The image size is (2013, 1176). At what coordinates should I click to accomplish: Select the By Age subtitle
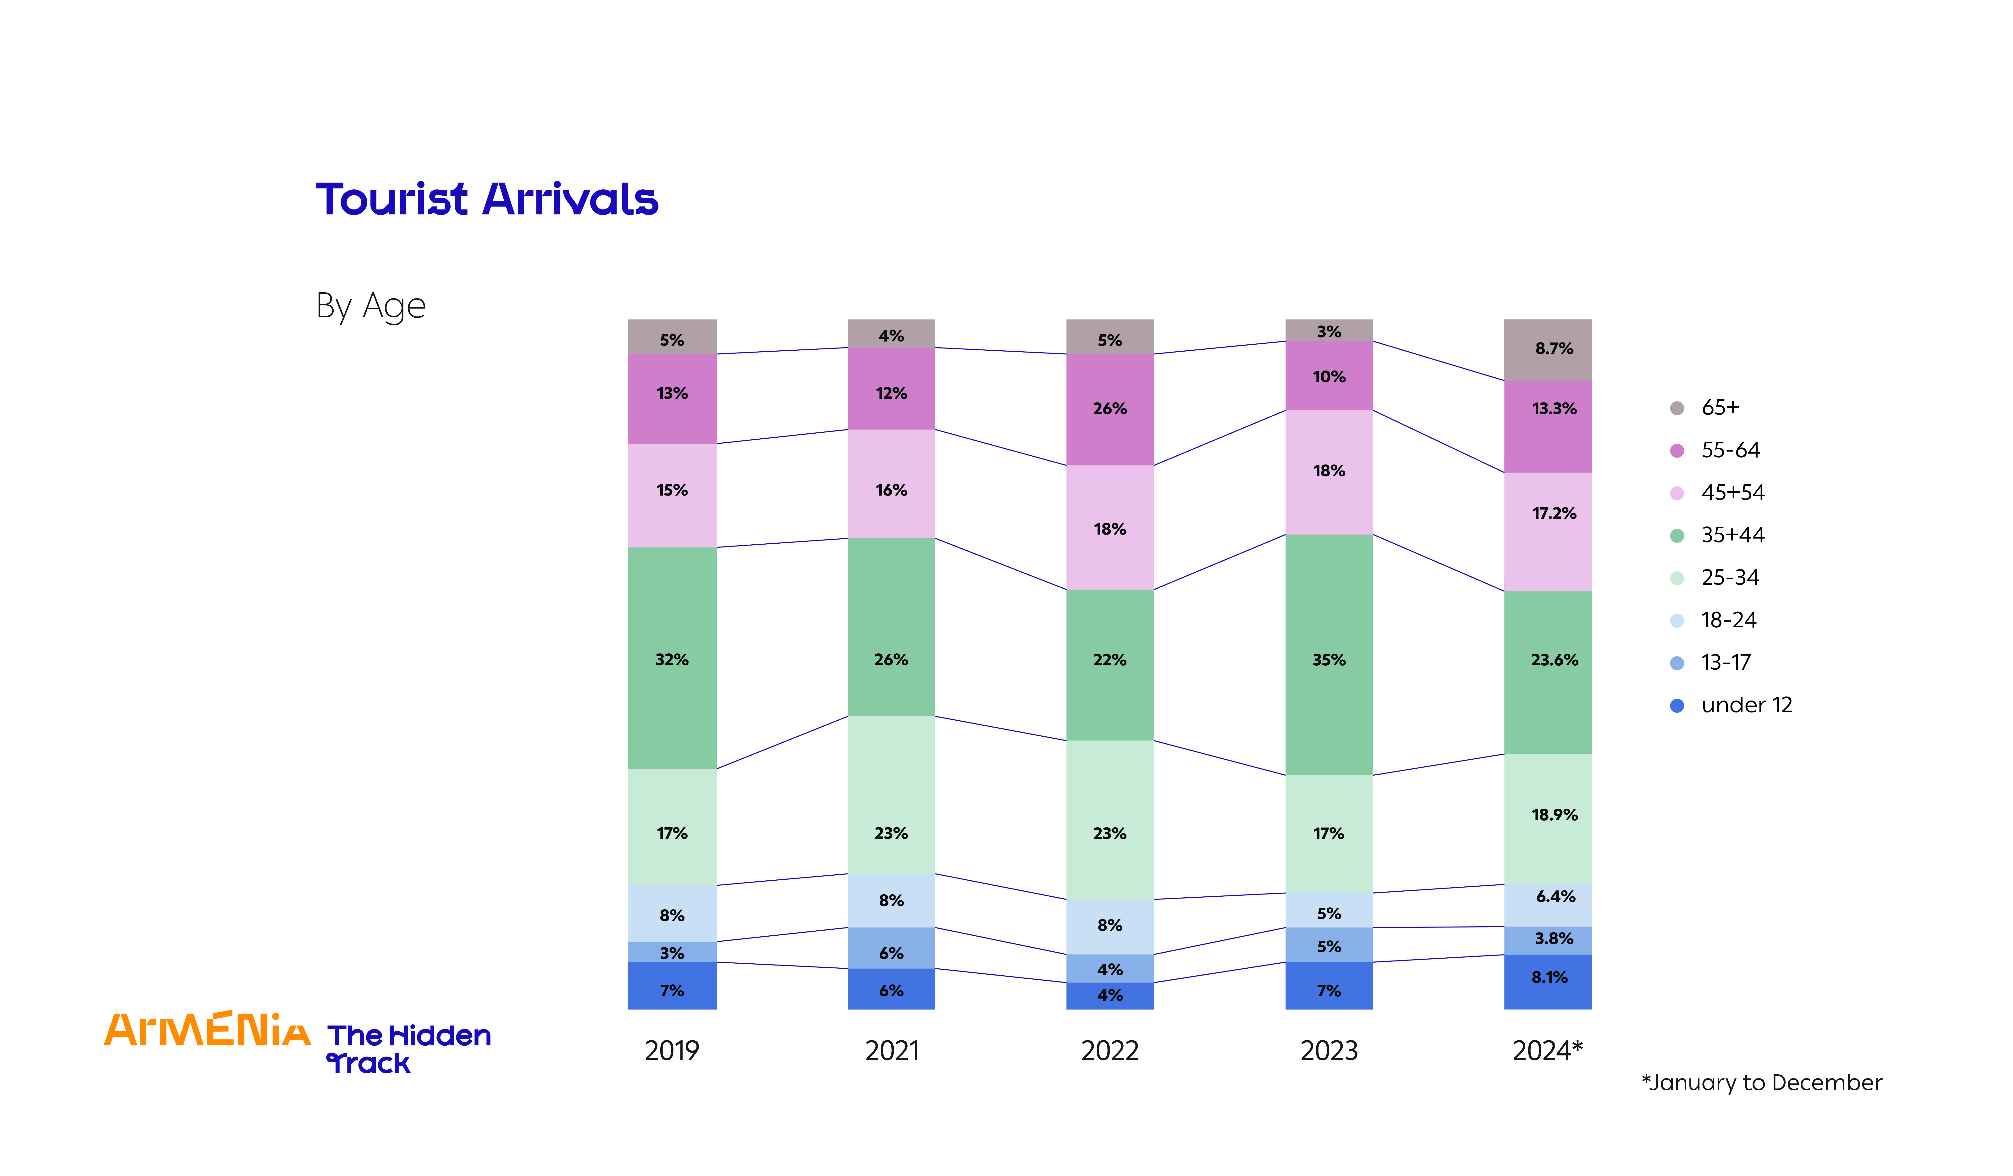(x=371, y=306)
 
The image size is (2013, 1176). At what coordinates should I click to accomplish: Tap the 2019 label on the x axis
(x=672, y=1051)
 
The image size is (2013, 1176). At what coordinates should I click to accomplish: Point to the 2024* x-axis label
(x=1547, y=1051)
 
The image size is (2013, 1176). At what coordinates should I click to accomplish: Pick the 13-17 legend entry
(x=1726, y=662)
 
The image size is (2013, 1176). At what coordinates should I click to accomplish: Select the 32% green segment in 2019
(x=672, y=659)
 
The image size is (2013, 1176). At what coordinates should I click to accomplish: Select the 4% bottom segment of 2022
(x=1109, y=995)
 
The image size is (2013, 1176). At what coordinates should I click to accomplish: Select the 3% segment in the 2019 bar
(x=672, y=952)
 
